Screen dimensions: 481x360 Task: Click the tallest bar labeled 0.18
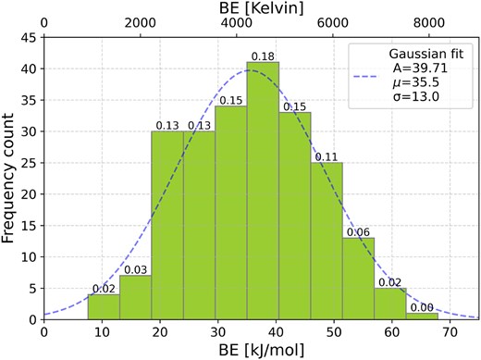click(263, 191)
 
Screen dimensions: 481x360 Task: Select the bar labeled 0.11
click(327, 241)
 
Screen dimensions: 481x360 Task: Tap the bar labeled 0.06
click(359, 279)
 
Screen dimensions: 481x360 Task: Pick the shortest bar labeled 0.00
click(422, 317)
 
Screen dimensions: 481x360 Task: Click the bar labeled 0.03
click(135, 297)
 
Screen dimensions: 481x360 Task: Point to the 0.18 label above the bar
click(263, 56)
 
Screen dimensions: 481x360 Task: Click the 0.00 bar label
click(422, 307)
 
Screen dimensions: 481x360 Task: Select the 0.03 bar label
click(135, 270)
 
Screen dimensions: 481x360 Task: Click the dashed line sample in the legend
click(365, 77)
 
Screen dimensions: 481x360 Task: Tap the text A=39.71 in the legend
click(420, 68)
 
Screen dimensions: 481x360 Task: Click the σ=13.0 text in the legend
click(416, 97)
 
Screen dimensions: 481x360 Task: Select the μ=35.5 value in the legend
click(416, 82)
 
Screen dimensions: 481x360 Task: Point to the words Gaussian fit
click(426, 54)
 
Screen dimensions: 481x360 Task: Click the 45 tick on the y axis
click(29, 38)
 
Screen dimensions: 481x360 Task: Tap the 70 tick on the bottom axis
click(450, 332)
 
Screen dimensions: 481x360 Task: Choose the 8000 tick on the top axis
click(429, 23)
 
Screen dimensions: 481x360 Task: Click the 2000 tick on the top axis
click(141, 23)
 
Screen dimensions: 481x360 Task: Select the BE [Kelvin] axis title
click(262, 8)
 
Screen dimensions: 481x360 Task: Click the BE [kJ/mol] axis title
click(262, 350)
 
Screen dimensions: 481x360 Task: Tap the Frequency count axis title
click(7, 179)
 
